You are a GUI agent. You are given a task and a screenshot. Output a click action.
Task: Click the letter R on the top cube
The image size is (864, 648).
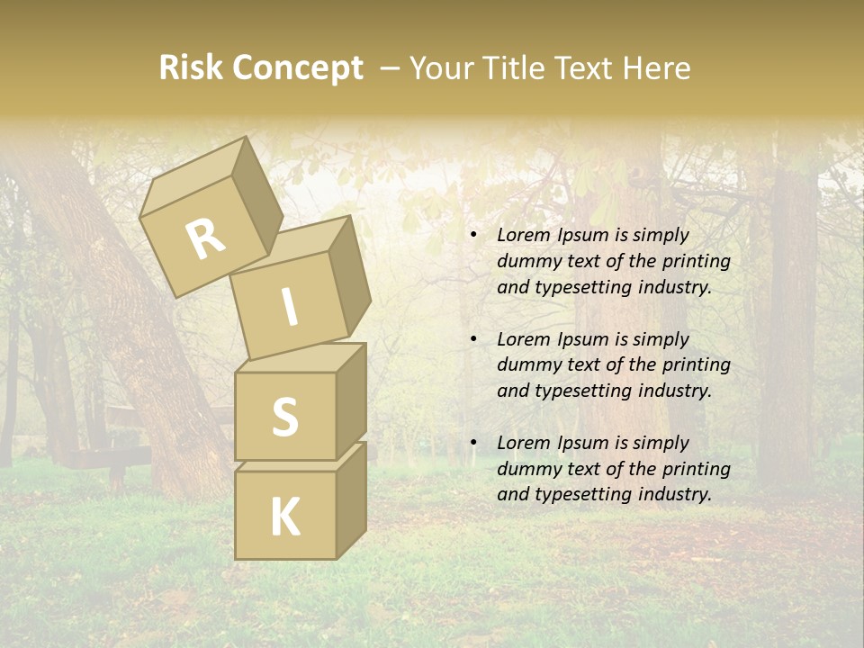(205, 239)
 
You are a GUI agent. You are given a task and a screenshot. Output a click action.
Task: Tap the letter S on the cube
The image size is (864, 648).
(284, 418)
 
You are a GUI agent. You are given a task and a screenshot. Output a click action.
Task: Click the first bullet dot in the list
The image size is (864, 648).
(474, 236)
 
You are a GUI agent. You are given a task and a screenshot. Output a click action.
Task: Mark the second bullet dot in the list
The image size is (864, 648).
(474, 340)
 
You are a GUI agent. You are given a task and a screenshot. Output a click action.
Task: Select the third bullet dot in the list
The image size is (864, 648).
(474, 444)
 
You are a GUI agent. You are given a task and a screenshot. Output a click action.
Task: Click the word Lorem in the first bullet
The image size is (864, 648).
(521, 236)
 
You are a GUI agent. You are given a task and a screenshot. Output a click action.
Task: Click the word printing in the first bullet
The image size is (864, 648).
(697, 262)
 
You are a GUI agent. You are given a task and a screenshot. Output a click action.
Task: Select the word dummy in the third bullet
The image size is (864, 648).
(525, 469)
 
